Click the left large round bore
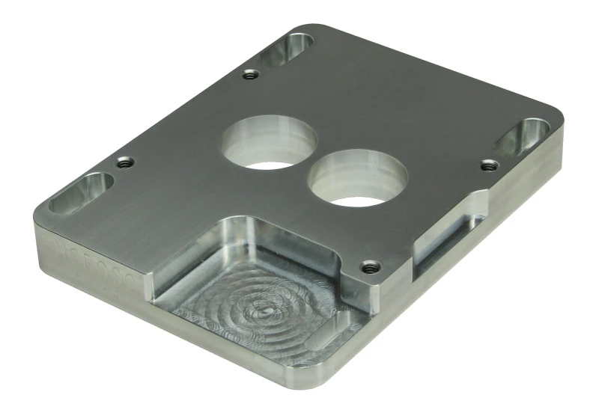[267, 143]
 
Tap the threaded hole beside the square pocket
[368, 266]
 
